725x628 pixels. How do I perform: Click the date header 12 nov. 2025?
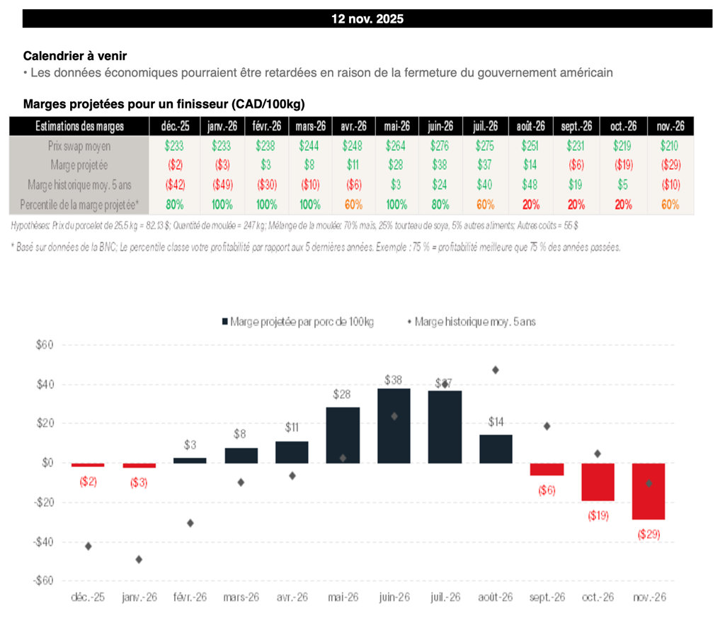tap(367, 19)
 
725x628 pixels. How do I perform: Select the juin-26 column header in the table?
tap(440, 126)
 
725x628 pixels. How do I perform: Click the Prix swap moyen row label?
tap(80, 146)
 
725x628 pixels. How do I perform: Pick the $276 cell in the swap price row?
tap(440, 146)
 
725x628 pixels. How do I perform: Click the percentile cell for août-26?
tap(530, 205)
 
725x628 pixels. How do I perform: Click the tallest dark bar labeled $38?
tap(394, 426)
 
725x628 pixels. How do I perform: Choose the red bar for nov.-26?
tap(649, 491)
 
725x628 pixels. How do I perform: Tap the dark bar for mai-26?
tap(343, 435)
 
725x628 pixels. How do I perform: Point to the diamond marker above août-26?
tap(496, 370)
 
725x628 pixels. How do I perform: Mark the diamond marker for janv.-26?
tap(139, 559)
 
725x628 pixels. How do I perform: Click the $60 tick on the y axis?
tap(44, 345)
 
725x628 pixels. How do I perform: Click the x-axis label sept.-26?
tap(547, 598)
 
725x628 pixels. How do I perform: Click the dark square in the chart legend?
tap(225, 321)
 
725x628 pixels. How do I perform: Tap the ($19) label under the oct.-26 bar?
tap(598, 515)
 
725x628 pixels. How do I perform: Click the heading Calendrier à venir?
tap(75, 55)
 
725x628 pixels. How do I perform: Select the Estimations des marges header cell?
tap(80, 126)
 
